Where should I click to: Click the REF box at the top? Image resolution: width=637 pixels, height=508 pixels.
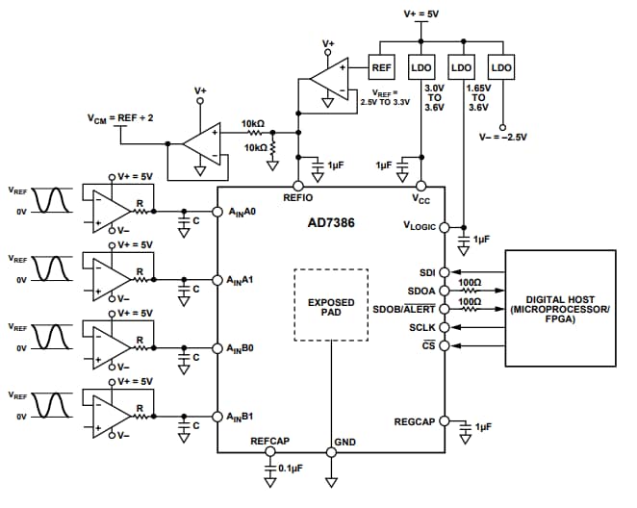[382, 68]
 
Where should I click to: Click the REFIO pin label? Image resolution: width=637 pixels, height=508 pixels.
[297, 197]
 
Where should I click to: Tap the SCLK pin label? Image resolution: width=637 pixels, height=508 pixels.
[422, 327]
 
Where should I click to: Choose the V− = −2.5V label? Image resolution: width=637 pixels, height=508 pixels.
[502, 137]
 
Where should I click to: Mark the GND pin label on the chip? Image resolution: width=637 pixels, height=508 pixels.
[344, 442]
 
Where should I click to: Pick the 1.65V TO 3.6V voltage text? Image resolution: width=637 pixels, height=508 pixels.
[478, 97]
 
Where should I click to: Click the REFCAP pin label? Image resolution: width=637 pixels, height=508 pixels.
[270, 442]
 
